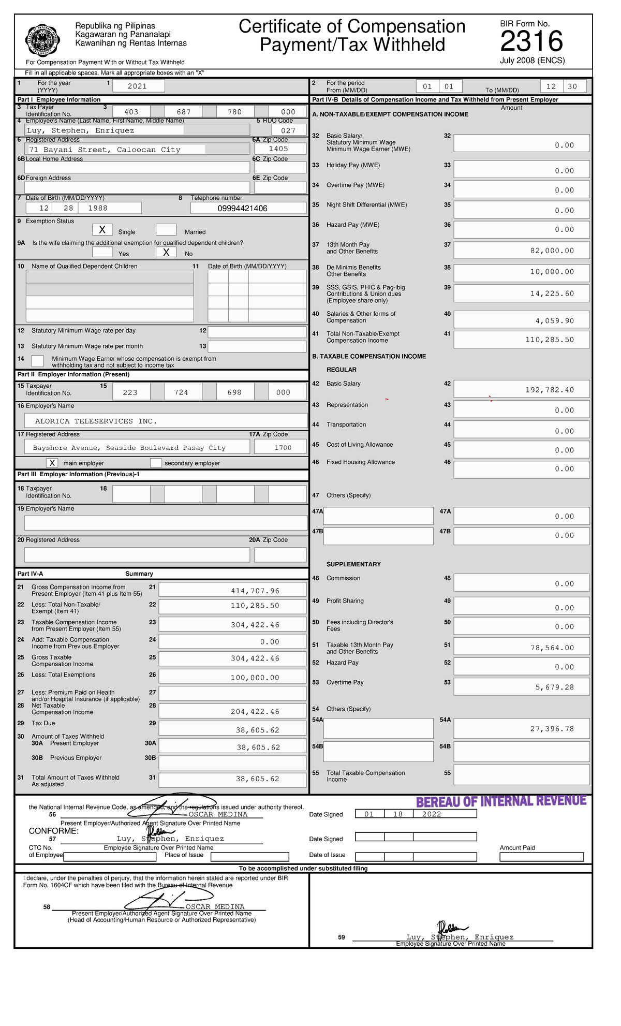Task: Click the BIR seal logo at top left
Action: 43,40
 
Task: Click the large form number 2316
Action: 531,41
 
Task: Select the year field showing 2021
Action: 138,86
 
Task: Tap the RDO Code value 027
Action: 288,130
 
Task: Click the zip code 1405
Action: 278,149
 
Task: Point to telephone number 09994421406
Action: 243,209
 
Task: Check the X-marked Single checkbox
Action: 102,230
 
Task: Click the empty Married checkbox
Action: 166,230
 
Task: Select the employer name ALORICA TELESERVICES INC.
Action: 96,421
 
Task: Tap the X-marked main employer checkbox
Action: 52,463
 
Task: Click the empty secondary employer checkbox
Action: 156,463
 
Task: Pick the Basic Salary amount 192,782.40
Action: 550,390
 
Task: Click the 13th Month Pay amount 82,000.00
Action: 552,251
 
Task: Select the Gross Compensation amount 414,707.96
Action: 255,591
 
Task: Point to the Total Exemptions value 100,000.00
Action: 255,678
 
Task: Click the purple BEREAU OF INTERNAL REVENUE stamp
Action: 501,802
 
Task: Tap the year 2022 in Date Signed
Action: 432,814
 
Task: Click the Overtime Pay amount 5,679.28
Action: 554,687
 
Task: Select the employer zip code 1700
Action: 283,448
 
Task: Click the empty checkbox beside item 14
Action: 38,361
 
